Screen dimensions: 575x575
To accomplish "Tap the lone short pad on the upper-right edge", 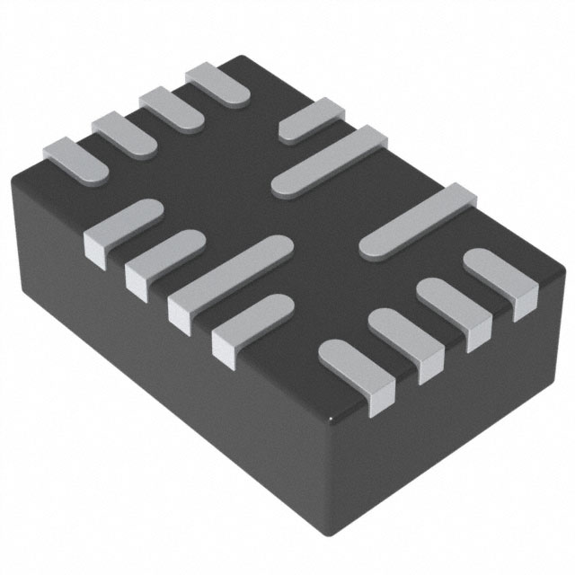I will click(x=311, y=121).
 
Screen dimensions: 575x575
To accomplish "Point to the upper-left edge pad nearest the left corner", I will click(x=75, y=158).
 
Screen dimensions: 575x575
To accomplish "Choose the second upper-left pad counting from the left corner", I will click(x=126, y=135).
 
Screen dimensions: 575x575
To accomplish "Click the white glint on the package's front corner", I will click(x=334, y=419).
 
